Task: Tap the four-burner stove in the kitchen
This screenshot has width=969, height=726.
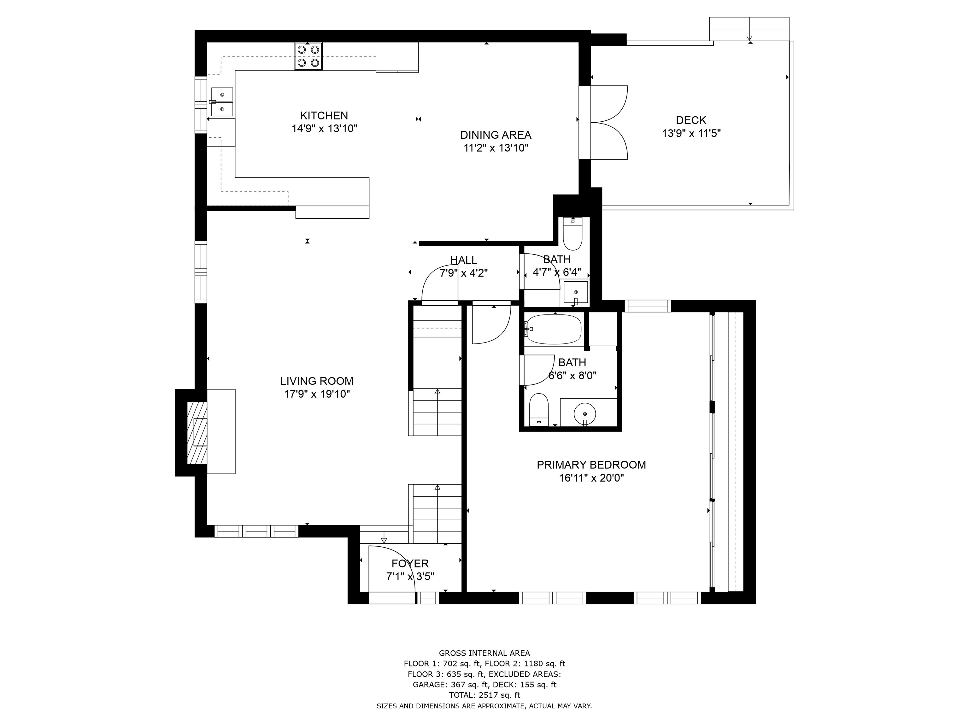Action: click(308, 56)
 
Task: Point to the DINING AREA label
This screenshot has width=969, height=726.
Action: click(496, 135)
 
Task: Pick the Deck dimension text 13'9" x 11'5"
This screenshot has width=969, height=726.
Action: click(691, 133)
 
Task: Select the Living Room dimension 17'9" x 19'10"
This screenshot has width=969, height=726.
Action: click(317, 394)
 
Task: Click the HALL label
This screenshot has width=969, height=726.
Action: click(463, 260)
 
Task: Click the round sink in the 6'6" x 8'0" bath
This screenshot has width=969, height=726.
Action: click(585, 412)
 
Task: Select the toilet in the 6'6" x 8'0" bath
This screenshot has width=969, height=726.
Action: click(539, 410)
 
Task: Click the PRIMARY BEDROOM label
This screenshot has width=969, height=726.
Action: click(591, 465)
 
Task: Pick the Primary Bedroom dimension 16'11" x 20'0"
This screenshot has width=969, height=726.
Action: click(591, 478)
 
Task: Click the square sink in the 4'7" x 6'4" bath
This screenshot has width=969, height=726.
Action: click(575, 292)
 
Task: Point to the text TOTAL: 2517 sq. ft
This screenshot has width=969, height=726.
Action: click(484, 695)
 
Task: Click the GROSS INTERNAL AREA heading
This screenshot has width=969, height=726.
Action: click(484, 653)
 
